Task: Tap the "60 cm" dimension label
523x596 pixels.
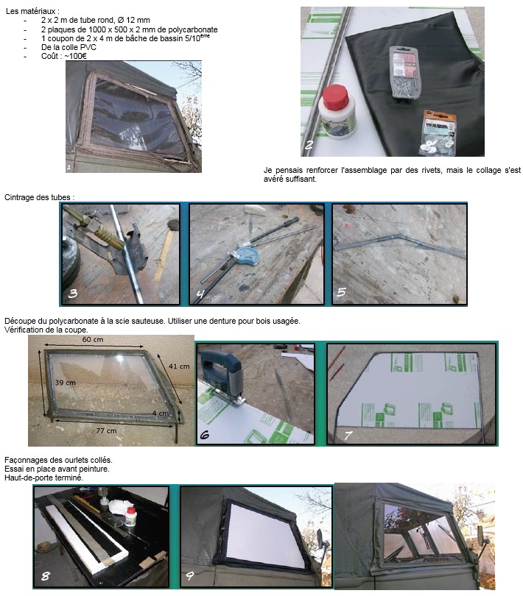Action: click(x=93, y=339)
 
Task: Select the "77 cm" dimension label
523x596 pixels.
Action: click(x=106, y=430)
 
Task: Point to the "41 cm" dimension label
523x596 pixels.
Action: click(x=179, y=366)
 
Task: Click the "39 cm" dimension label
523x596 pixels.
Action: click(x=66, y=383)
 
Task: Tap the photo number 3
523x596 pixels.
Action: click(x=73, y=293)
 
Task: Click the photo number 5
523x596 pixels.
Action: click(x=342, y=292)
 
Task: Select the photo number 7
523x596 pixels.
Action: click(x=348, y=435)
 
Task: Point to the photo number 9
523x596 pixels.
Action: click(x=189, y=576)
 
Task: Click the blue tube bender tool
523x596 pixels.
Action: click(x=243, y=255)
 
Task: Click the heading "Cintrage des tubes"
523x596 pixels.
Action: click(x=38, y=197)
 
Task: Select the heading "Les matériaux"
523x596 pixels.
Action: click(x=32, y=11)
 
